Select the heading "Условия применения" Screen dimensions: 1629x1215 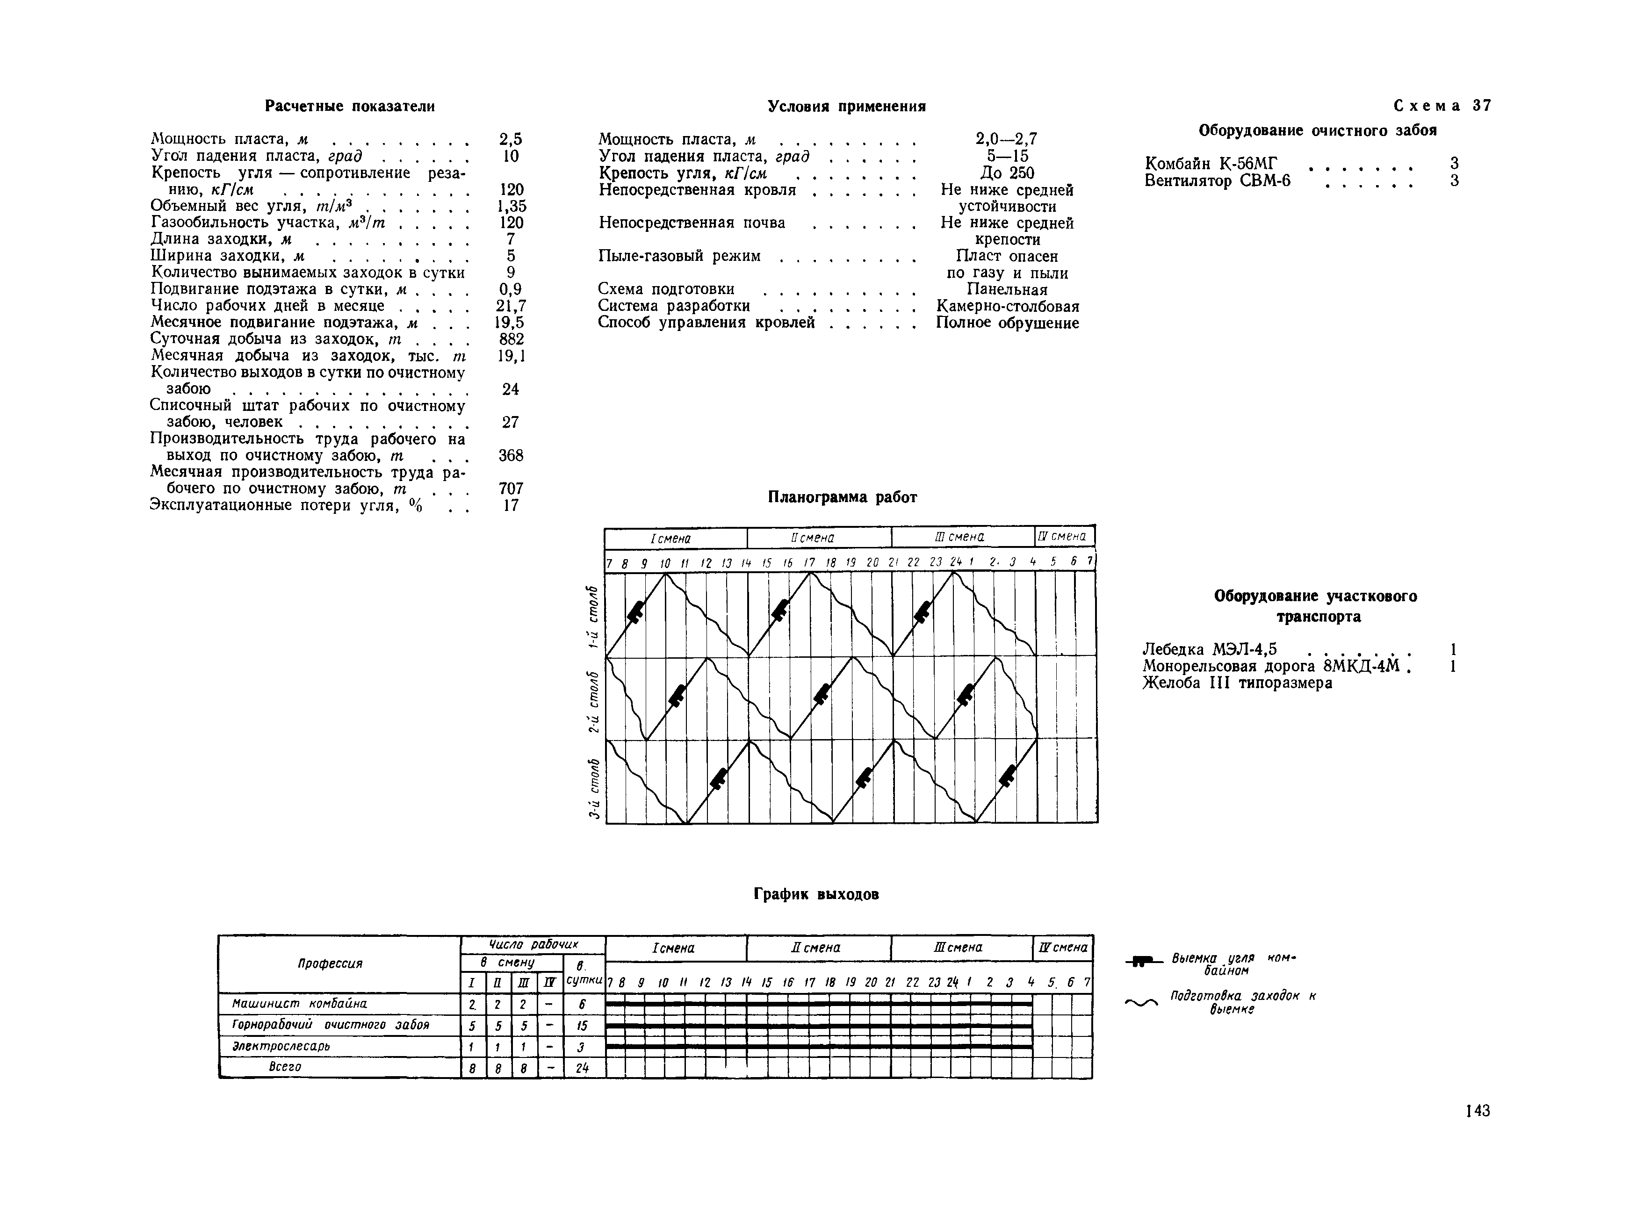(x=846, y=106)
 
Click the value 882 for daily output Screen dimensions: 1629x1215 (x=511, y=339)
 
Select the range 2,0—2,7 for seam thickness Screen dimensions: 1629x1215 (x=1006, y=139)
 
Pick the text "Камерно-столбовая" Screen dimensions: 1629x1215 (x=1008, y=306)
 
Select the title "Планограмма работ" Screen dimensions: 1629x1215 (x=843, y=497)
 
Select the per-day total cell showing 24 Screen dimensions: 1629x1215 (x=583, y=1067)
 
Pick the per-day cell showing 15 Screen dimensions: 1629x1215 (x=583, y=1025)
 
